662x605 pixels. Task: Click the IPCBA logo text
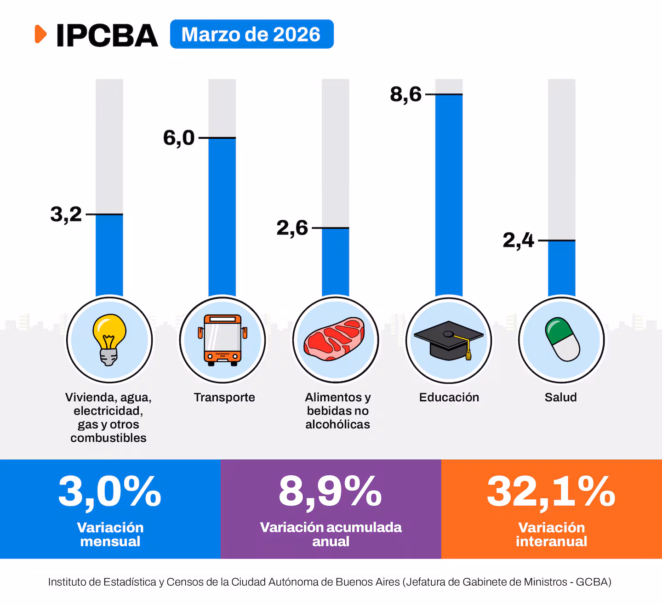107,35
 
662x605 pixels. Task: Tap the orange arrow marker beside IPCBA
41,34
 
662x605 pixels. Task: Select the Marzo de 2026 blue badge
251,34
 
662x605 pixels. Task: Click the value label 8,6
405,94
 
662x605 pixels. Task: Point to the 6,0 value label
179,138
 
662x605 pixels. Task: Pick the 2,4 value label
518,240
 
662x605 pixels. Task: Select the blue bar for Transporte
222,216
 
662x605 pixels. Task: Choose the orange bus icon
223,340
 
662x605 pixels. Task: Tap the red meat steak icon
335,339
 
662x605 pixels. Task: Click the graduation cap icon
449,340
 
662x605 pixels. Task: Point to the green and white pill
562,339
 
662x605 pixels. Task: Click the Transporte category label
224,397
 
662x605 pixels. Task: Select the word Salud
560,397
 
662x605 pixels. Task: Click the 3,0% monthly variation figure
110,492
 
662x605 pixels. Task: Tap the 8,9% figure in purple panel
330,492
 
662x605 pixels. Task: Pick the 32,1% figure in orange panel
551,492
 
